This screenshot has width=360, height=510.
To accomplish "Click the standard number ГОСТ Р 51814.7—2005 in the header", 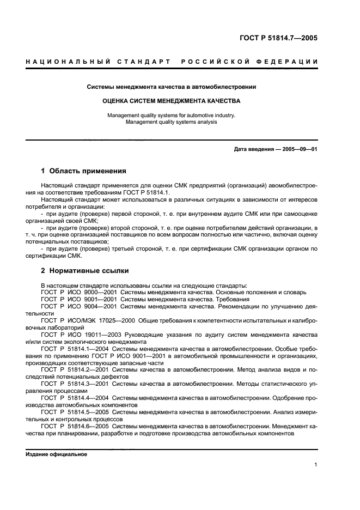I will tap(279, 38).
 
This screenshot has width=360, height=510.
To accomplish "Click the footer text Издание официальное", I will tap(56, 454).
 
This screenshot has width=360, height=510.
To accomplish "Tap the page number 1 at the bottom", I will tap(316, 464).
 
